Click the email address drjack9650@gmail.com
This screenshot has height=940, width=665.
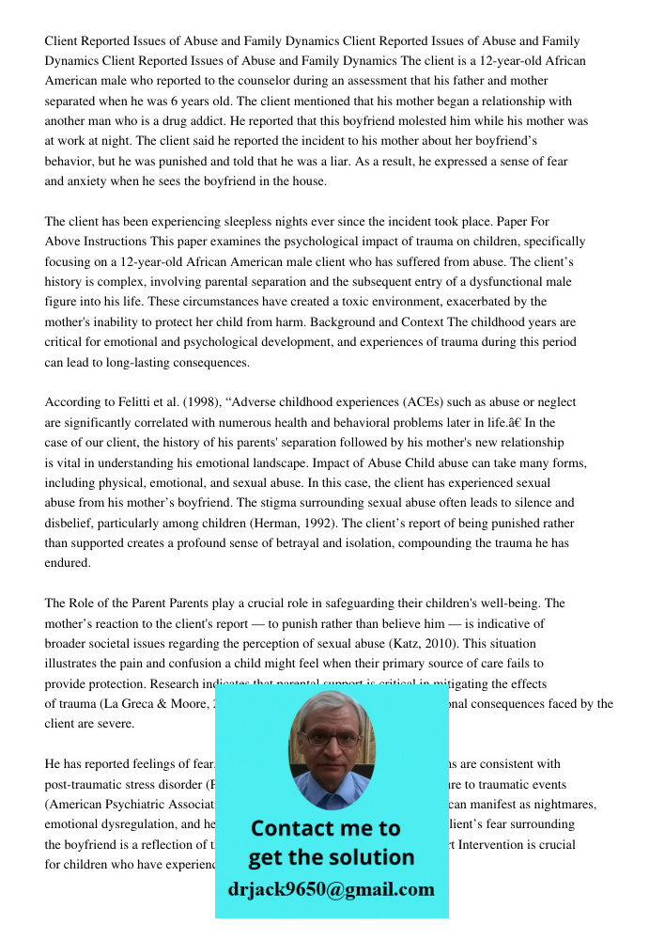coord(331,889)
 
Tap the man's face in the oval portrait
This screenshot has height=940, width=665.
coord(330,743)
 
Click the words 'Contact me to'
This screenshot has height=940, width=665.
coord(325,828)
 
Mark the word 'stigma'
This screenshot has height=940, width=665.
coord(302,503)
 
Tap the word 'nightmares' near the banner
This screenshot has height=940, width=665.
coord(565,805)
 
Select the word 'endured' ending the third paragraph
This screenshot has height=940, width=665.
coord(67,563)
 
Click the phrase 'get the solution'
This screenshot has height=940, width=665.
coord(331,857)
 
